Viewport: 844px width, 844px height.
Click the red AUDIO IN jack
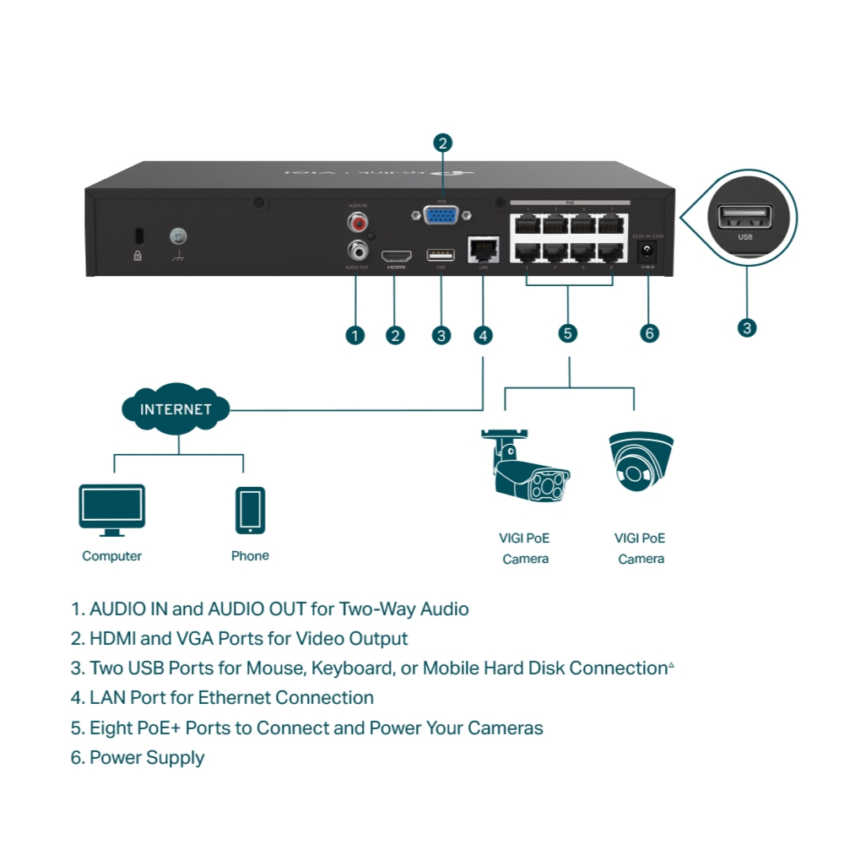(357, 223)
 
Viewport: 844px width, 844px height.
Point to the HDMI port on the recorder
(395, 255)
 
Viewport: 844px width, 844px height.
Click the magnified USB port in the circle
(744, 217)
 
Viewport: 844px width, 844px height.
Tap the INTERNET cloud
(175, 411)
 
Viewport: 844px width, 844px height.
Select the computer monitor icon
(111, 510)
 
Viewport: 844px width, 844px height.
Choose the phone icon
(250, 510)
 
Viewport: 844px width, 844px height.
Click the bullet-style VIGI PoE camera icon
(525, 473)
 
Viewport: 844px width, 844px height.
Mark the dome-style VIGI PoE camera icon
(641, 463)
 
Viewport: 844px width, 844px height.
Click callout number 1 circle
(355, 335)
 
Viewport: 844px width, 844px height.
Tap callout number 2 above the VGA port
(443, 143)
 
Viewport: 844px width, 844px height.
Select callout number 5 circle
(568, 333)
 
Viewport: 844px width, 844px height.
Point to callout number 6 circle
(649, 333)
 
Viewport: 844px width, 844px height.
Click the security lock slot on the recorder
(138, 234)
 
